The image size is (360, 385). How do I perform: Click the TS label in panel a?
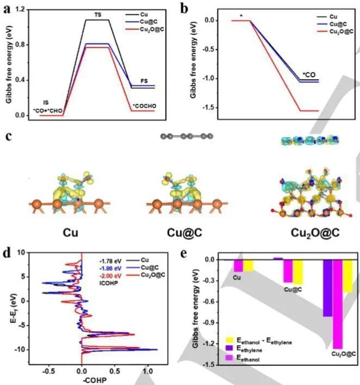click(x=98, y=15)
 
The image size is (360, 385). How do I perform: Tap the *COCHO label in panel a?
click(x=145, y=106)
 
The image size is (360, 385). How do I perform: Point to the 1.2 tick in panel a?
click(x=20, y=9)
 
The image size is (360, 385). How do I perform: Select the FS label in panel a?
click(x=144, y=81)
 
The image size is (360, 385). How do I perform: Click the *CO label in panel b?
click(x=309, y=74)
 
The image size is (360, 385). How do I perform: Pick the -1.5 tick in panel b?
click(x=209, y=108)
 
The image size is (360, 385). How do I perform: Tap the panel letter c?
click(x=8, y=136)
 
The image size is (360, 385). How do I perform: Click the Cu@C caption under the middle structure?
click(x=185, y=233)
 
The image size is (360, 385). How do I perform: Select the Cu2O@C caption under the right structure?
click(x=315, y=233)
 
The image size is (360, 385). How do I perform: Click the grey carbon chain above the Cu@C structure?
click(x=187, y=136)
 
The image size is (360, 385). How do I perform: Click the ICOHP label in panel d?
click(x=109, y=283)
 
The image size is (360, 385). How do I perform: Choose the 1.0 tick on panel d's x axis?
click(x=147, y=371)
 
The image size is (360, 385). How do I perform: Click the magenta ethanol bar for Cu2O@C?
click(x=338, y=304)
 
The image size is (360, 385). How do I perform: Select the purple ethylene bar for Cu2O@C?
click(x=327, y=288)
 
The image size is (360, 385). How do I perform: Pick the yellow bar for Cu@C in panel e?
click(x=298, y=272)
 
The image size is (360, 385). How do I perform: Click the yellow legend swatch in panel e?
click(x=229, y=340)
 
